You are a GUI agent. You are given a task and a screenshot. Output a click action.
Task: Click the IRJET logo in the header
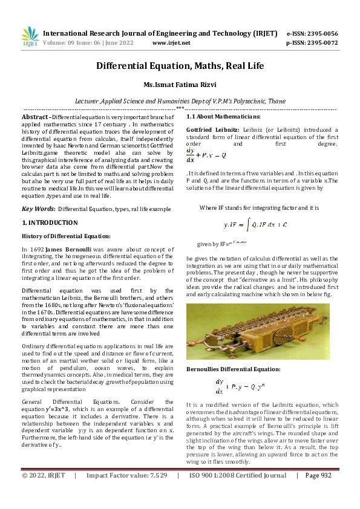point(30,37)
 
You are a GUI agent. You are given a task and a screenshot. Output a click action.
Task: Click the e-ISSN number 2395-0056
point(321,33)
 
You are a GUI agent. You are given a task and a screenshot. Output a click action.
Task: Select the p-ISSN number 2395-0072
point(321,43)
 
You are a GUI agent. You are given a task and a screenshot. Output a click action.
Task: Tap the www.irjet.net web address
point(171,43)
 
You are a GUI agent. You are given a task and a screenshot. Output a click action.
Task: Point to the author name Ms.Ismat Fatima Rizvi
point(180,86)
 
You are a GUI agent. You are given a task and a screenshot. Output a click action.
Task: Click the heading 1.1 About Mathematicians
point(223,116)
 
